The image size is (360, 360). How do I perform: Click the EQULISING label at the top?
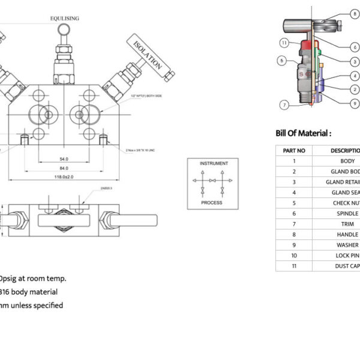pos(64,19)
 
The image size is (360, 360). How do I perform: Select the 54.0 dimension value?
pos(64,159)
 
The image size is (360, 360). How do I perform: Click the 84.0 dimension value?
pos(64,168)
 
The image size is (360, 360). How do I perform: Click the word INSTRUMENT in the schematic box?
pos(213,163)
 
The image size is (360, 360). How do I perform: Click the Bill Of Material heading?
pos(303,133)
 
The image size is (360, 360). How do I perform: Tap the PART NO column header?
pos(294,151)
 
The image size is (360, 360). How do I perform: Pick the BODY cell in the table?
pos(347,161)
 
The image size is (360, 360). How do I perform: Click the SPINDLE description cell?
pos(348,214)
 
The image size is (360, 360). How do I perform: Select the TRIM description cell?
pos(348,224)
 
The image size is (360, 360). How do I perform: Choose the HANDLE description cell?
pos(348,235)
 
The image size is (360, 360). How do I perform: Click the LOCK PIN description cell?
pos(348,256)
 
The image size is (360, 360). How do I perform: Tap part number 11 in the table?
pos(294,266)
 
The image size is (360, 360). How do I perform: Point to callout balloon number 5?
pos(281,61)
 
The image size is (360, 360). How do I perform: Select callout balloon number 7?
pos(285,105)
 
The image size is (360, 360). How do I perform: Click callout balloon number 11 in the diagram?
pos(284,43)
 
